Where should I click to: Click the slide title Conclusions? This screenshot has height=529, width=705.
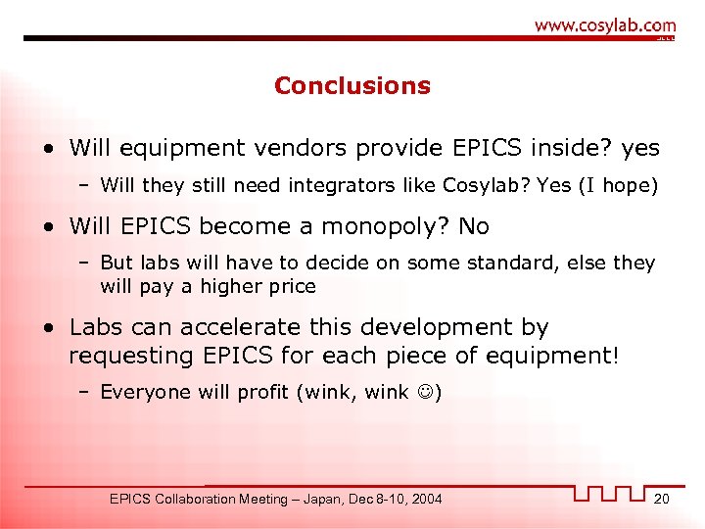point(352,86)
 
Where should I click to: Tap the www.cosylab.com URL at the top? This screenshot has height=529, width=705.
point(605,25)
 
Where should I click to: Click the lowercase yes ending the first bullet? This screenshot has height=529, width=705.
point(640,149)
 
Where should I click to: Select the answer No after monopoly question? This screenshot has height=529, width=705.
point(474,226)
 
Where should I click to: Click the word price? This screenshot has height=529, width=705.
point(294,286)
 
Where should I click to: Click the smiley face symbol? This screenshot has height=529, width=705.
point(423,392)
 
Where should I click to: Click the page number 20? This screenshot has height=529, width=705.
point(662,499)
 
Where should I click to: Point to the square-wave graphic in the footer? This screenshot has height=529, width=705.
point(610,493)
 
